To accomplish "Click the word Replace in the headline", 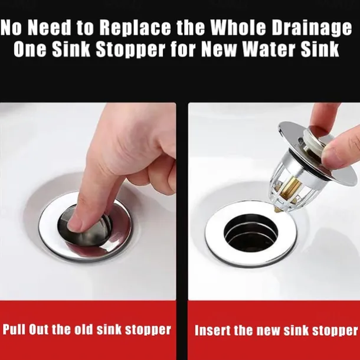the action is [x=135, y=28].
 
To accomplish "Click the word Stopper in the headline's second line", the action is [x=130, y=50].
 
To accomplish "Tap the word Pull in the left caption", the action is [x=14, y=329].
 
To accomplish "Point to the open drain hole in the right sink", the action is [x=251, y=233].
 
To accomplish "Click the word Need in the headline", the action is [x=50, y=27].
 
